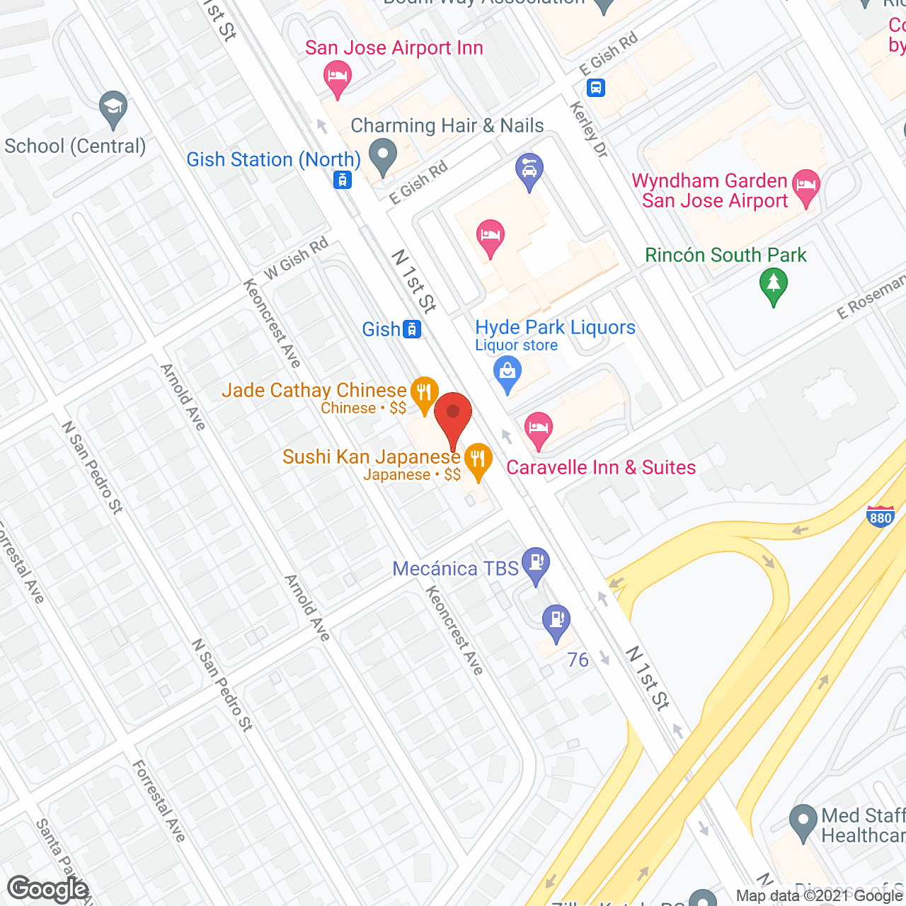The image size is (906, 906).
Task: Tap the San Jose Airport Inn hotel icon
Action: click(338, 76)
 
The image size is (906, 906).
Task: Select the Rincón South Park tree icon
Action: click(774, 284)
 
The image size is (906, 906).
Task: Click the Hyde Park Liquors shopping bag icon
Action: click(507, 372)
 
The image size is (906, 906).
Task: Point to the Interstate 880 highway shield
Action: click(880, 517)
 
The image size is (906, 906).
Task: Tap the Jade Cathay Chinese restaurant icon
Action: click(424, 391)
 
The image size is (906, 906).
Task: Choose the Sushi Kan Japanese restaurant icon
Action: click(478, 459)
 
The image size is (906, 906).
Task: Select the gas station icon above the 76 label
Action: click(556, 619)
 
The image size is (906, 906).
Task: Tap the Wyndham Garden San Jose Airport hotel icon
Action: click(805, 185)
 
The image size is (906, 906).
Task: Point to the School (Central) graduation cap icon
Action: click(113, 108)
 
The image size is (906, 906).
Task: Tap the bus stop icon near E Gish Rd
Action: click(596, 88)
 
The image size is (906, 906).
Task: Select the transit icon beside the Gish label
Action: click(412, 329)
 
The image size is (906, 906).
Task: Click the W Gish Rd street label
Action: click(297, 258)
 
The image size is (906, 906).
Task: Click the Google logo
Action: click(48, 889)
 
